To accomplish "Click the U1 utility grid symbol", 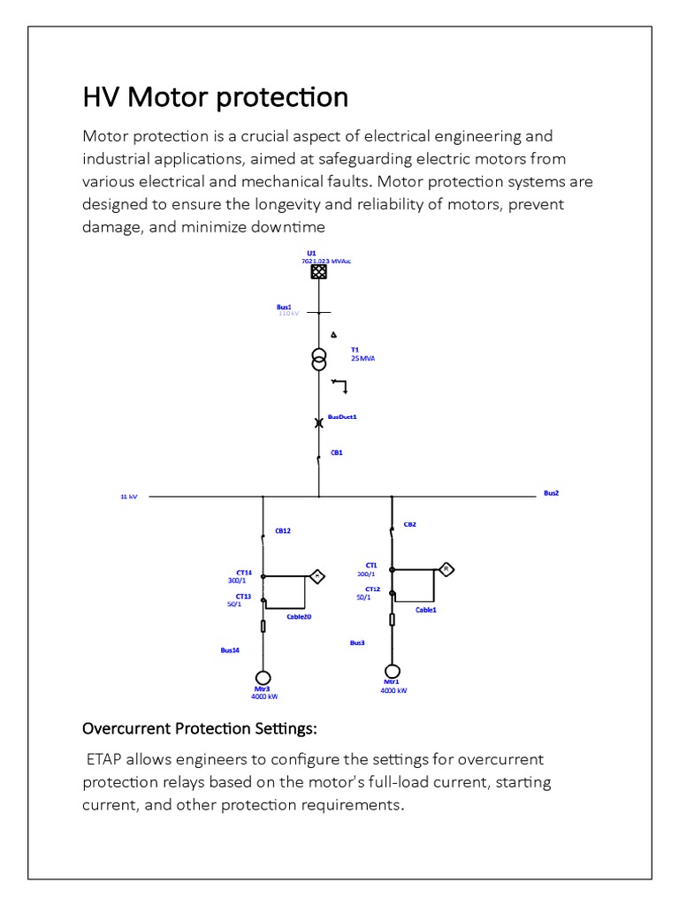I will (x=318, y=272).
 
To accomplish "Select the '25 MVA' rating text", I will (x=362, y=359).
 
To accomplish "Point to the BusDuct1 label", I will (x=342, y=416).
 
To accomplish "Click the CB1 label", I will (x=336, y=452).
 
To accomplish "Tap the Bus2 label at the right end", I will (x=551, y=493).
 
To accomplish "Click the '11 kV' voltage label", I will (x=129, y=497).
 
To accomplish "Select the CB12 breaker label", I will (x=282, y=531).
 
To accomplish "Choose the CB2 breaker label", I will (x=409, y=524).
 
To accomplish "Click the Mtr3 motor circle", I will (x=263, y=678).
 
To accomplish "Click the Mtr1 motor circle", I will (x=392, y=672).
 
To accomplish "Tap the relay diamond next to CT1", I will (x=446, y=569).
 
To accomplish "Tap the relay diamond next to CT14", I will (x=317, y=576).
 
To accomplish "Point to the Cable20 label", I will (x=299, y=617).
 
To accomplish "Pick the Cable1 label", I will (x=426, y=611).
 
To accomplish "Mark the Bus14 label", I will (x=230, y=650).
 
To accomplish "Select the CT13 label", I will (x=243, y=597).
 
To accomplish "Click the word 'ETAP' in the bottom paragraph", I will (x=105, y=760).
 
